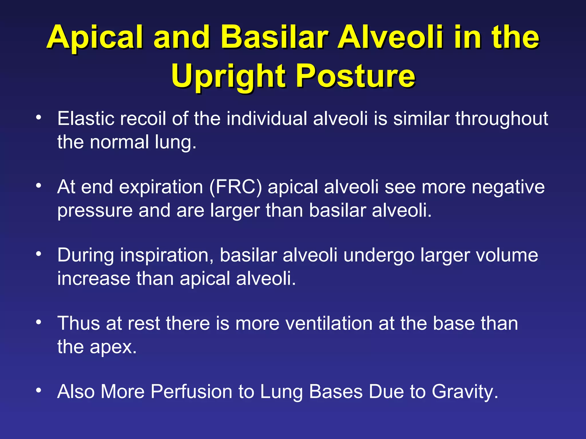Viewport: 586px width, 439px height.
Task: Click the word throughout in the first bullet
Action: click(x=501, y=119)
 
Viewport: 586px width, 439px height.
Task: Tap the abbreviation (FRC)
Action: click(x=235, y=187)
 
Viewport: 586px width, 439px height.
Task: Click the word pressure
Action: click(x=95, y=211)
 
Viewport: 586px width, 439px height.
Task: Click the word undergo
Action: click(x=379, y=255)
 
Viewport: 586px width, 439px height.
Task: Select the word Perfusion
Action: click(x=191, y=392)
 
